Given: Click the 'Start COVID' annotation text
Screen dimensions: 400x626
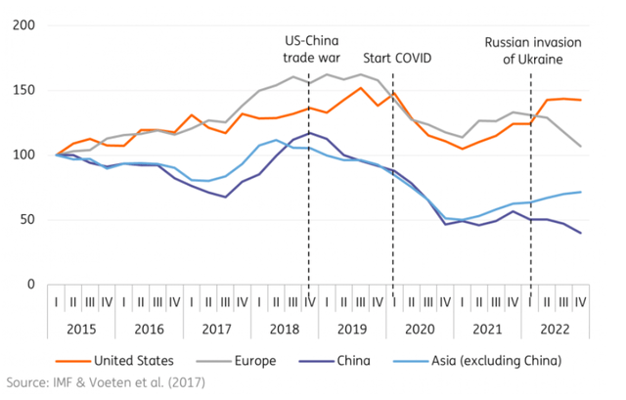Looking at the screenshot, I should click(x=397, y=58).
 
